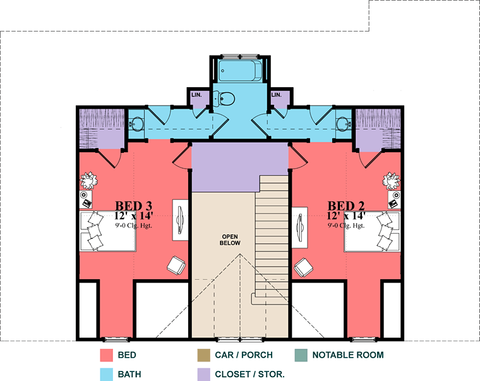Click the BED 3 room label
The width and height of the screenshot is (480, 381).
[x=133, y=206]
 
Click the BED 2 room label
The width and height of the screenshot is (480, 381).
[x=346, y=206]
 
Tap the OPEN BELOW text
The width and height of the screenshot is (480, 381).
[x=230, y=240]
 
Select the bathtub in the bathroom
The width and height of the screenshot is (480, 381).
[x=240, y=71]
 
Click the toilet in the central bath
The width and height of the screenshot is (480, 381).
[x=224, y=99]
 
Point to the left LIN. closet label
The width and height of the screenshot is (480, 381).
[x=196, y=95]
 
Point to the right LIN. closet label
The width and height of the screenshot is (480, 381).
[x=276, y=95]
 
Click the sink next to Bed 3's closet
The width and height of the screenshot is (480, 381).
[x=136, y=124]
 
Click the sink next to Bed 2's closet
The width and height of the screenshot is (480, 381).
[x=344, y=124]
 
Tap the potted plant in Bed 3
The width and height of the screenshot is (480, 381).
[x=89, y=181]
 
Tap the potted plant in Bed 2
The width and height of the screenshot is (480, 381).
[x=391, y=181]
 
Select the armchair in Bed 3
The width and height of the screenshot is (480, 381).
[x=176, y=265]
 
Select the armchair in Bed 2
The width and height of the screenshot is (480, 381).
[x=303, y=267]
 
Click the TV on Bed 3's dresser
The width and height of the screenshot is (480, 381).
[x=180, y=220]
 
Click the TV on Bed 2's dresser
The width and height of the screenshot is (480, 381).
[x=300, y=227]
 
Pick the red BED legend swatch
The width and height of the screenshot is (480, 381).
[x=106, y=355]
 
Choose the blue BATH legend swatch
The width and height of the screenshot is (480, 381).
[x=106, y=374]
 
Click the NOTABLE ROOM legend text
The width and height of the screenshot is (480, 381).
[x=348, y=355]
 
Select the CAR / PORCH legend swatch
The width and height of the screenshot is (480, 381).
[x=204, y=355]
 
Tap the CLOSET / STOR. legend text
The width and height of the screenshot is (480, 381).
[x=250, y=374]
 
